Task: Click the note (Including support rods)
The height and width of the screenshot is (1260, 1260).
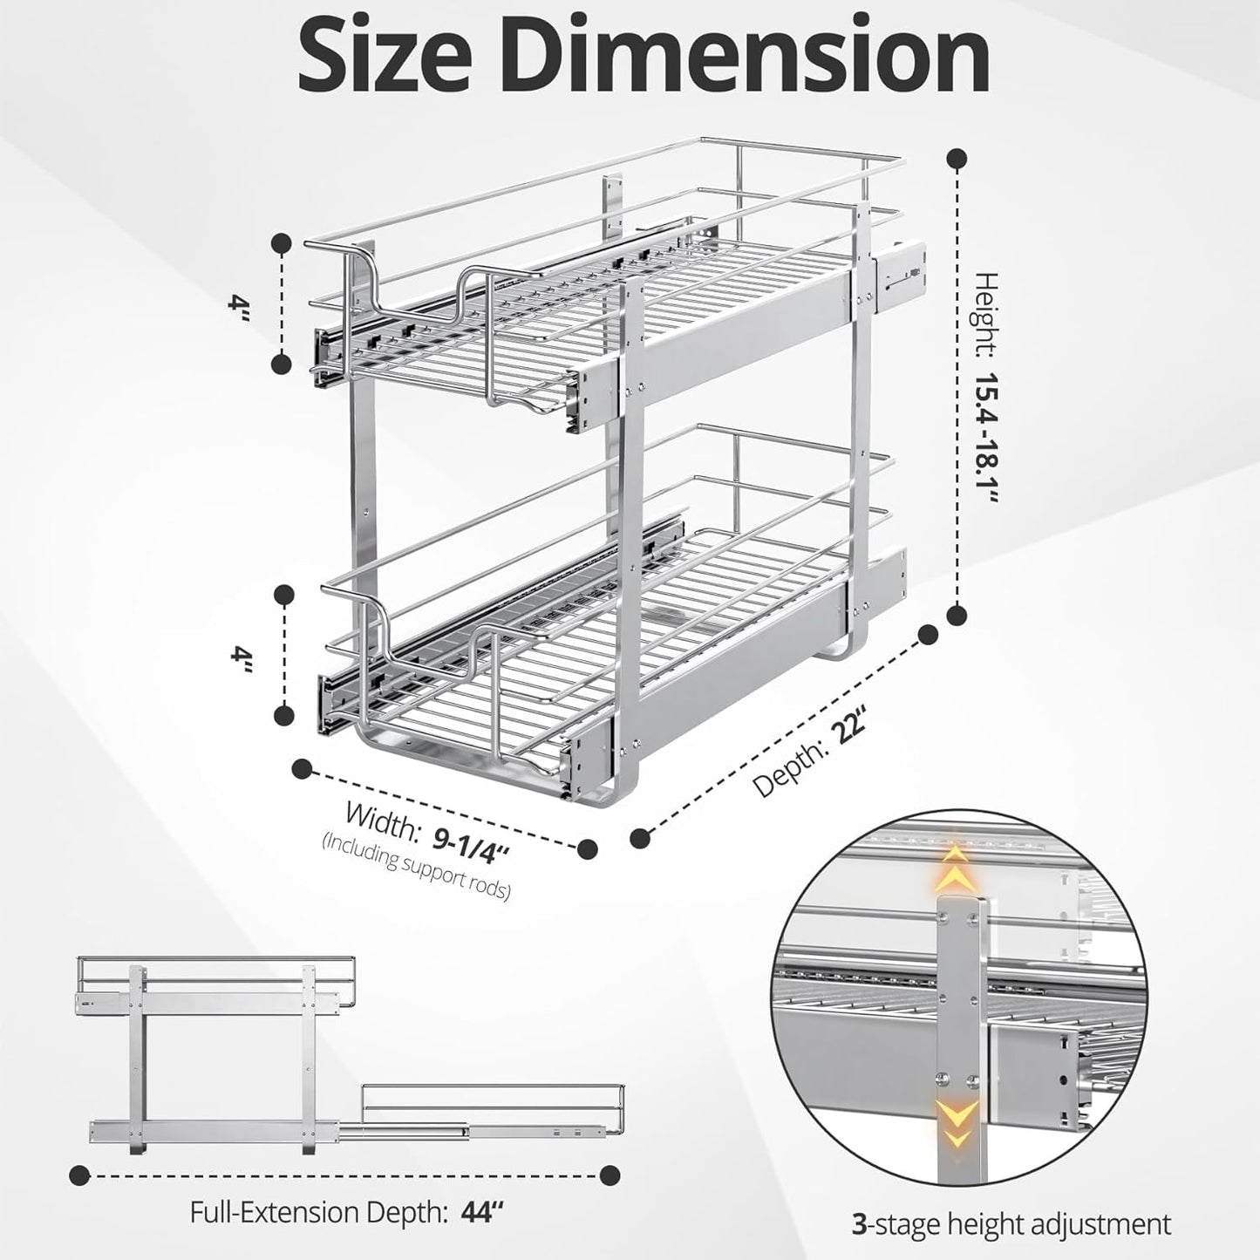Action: tap(417, 867)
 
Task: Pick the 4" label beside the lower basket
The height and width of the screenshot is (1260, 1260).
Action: tap(239, 657)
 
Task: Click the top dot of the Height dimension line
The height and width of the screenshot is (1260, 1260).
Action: tap(957, 159)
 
